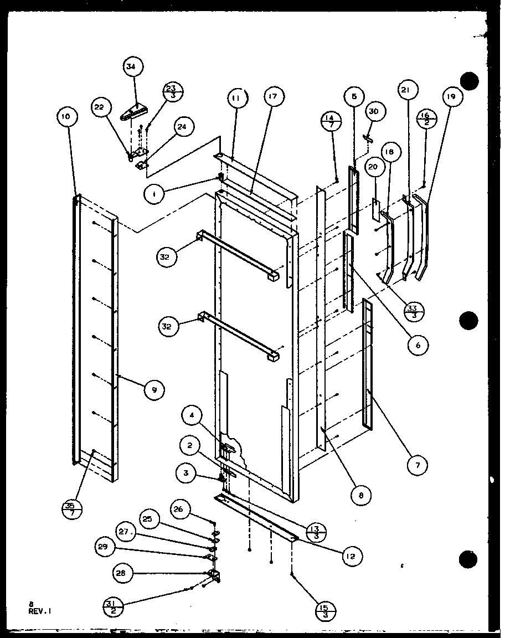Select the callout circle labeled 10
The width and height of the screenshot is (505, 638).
(x=66, y=117)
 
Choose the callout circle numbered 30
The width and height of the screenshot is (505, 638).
(x=373, y=111)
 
